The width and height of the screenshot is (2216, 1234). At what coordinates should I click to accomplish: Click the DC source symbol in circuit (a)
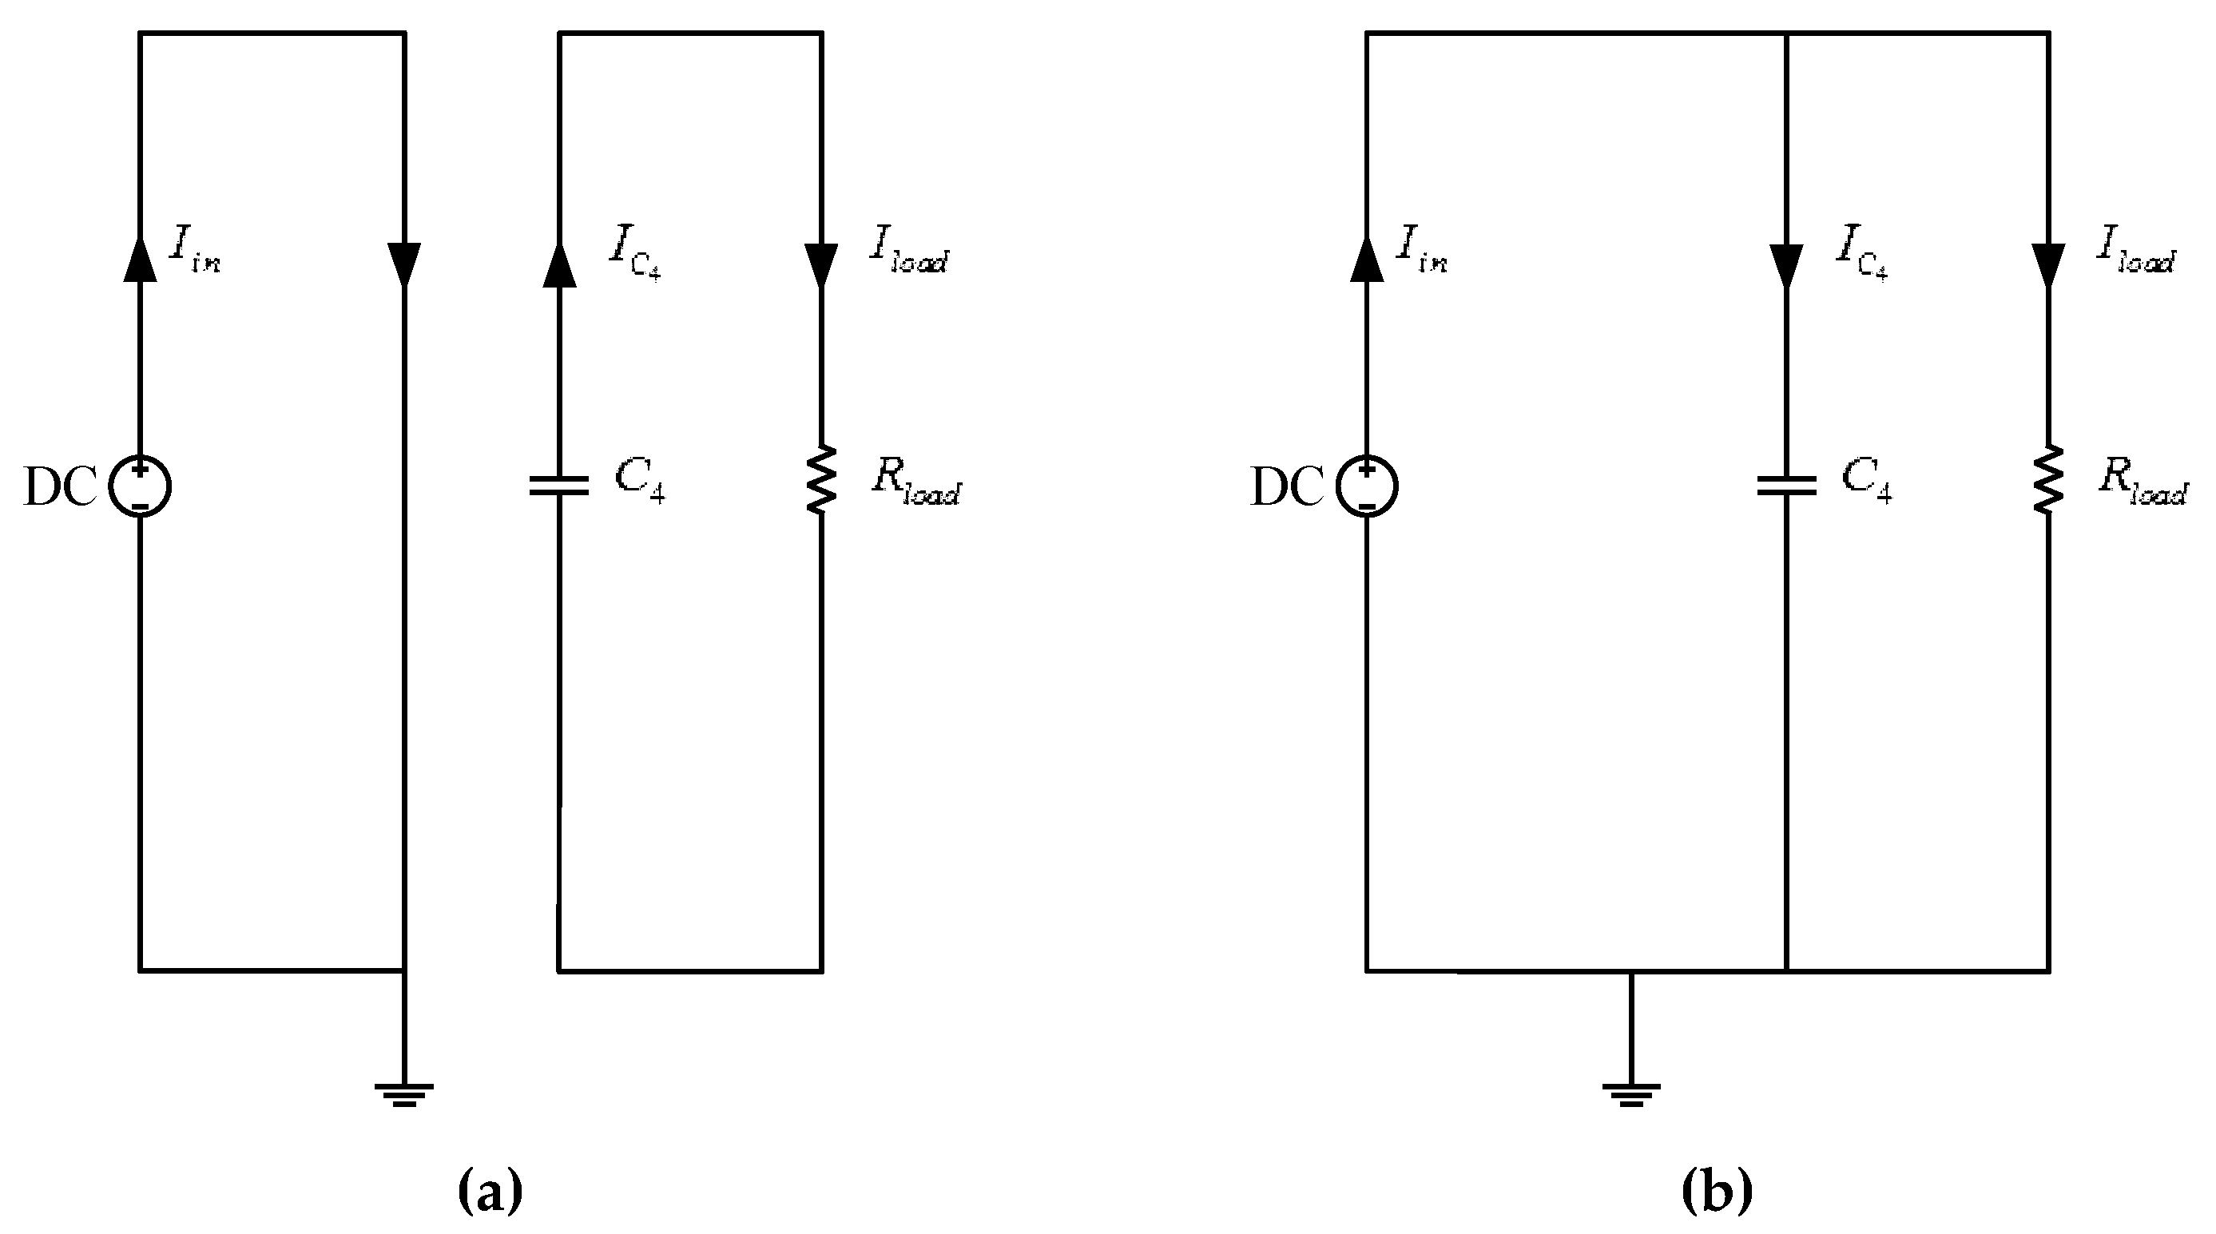(141, 486)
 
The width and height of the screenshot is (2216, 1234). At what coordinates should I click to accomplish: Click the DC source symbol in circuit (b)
(1367, 486)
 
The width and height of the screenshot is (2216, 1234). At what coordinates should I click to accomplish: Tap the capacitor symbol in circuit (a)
(559, 486)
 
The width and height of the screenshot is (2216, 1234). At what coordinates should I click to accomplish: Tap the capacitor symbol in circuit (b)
(1787, 486)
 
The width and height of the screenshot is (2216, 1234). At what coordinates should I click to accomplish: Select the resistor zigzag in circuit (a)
(821, 479)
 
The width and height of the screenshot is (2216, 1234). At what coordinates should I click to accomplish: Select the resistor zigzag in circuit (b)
(2048, 479)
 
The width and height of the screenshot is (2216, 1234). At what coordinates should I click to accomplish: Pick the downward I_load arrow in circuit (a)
(821, 265)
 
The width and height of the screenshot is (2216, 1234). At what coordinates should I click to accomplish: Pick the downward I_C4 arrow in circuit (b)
(1787, 265)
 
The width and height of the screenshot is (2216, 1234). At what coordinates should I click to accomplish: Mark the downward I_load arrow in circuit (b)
(2048, 265)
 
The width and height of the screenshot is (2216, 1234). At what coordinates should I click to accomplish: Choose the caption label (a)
(490, 1190)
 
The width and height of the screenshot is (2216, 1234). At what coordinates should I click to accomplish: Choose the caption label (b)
(1717, 1190)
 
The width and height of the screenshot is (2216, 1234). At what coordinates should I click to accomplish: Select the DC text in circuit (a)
(60, 487)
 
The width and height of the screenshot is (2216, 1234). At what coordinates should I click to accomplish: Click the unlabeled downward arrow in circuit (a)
(404, 263)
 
